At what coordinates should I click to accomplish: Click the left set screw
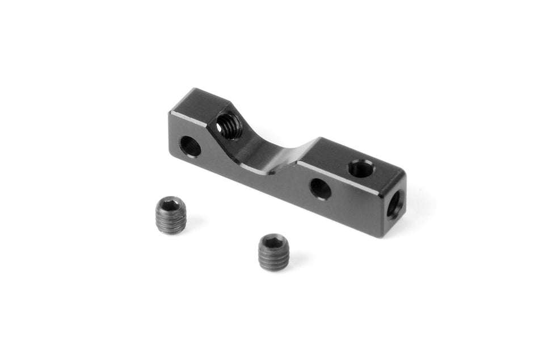coord(171,215)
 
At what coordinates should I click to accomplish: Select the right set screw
coord(273,252)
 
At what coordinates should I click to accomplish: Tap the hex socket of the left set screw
coord(170,204)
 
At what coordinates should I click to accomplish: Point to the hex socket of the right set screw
coord(273,241)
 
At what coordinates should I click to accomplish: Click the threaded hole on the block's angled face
coord(229,125)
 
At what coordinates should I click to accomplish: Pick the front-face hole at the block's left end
coord(190,146)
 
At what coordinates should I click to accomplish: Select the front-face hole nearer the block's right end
coord(321,189)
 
